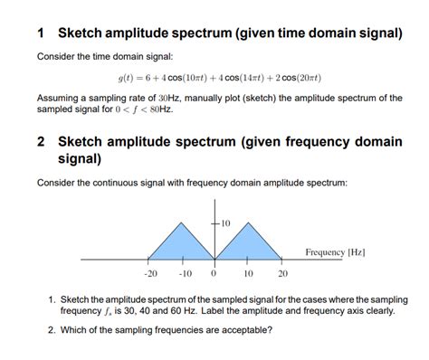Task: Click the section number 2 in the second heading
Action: (42, 142)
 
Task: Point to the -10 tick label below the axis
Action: (184, 273)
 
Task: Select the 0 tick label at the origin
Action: (214, 273)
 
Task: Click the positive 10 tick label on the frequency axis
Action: (248, 273)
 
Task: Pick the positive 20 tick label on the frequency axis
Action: (282, 273)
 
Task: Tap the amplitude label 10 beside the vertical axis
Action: (225, 222)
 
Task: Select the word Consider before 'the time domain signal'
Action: (56, 57)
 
